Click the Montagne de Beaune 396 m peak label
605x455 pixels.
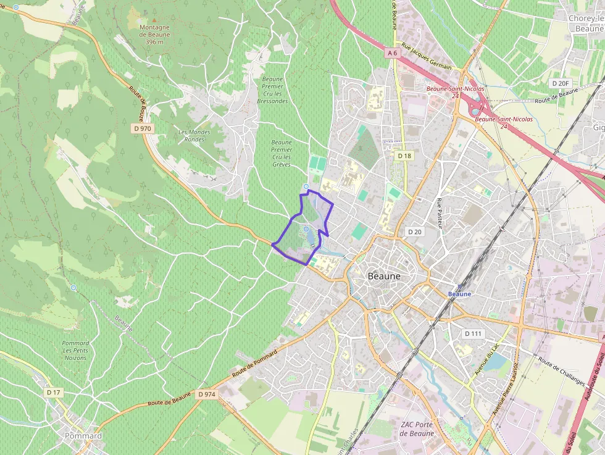(146, 35)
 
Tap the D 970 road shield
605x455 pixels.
(141, 128)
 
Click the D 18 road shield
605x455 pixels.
(404, 156)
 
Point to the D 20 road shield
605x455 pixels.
(414, 232)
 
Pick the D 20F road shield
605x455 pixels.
(561, 83)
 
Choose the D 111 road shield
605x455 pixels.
(473, 333)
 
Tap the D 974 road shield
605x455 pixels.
(207, 394)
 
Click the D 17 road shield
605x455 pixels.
(54, 392)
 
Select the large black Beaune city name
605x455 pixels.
(384, 277)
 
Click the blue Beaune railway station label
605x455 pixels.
(459, 294)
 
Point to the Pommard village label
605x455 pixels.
(83, 436)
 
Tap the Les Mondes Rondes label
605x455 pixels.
(194, 135)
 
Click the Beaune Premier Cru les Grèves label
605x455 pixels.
(282, 153)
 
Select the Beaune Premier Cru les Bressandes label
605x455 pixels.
(272, 90)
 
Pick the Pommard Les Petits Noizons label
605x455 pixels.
(75, 350)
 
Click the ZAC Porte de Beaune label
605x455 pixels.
(417, 428)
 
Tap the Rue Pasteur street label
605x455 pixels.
(440, 213)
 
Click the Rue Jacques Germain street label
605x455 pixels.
(427, 56)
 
